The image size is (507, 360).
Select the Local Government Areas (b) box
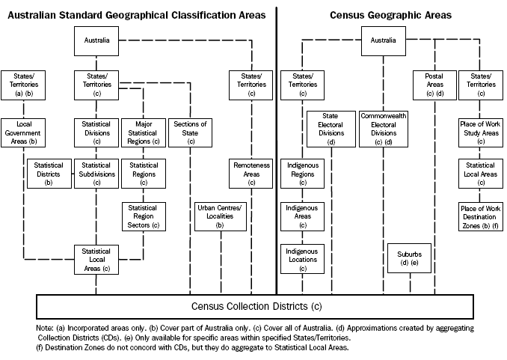(23, 132)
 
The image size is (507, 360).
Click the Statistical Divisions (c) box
(96, 132)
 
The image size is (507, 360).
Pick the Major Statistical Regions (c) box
(144, 132)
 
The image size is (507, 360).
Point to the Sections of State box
(190, 132)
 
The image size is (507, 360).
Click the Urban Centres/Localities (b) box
(220, 216)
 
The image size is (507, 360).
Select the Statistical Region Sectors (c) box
(144, 216)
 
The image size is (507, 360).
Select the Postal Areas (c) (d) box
(434, 85)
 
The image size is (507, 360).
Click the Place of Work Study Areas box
(481, 132)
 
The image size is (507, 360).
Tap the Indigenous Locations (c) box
(302, 259)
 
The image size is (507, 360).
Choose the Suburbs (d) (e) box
(409, 257)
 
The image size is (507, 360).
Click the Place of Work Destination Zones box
(481, 216)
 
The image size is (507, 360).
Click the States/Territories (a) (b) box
(22, 85)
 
